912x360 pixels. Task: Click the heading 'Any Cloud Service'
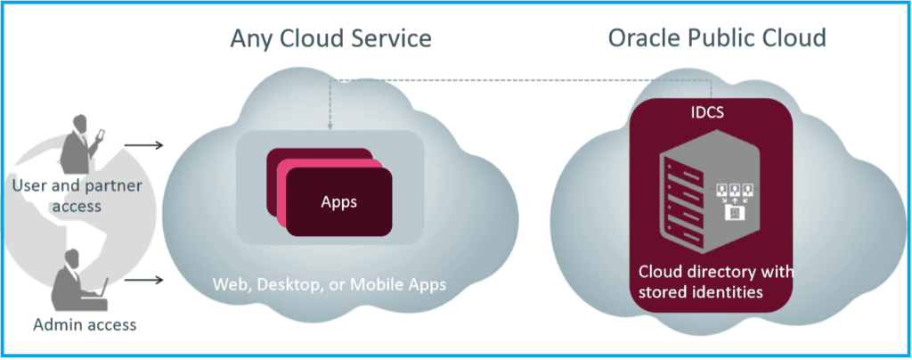330,38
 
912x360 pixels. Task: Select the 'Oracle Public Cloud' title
717,38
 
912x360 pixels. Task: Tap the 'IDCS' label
711,114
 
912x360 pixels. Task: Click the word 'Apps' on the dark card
338,201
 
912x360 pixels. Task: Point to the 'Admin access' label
85,324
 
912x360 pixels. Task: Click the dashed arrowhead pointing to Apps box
330,127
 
